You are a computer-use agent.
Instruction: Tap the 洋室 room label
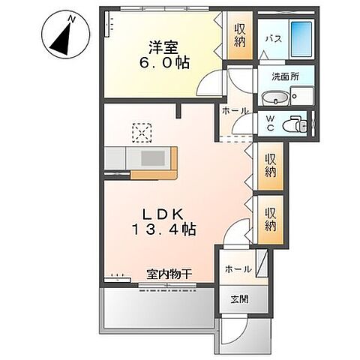161,45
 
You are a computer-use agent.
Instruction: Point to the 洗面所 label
284,76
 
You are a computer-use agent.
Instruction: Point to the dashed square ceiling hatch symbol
141,132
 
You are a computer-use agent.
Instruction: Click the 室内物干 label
169,274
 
